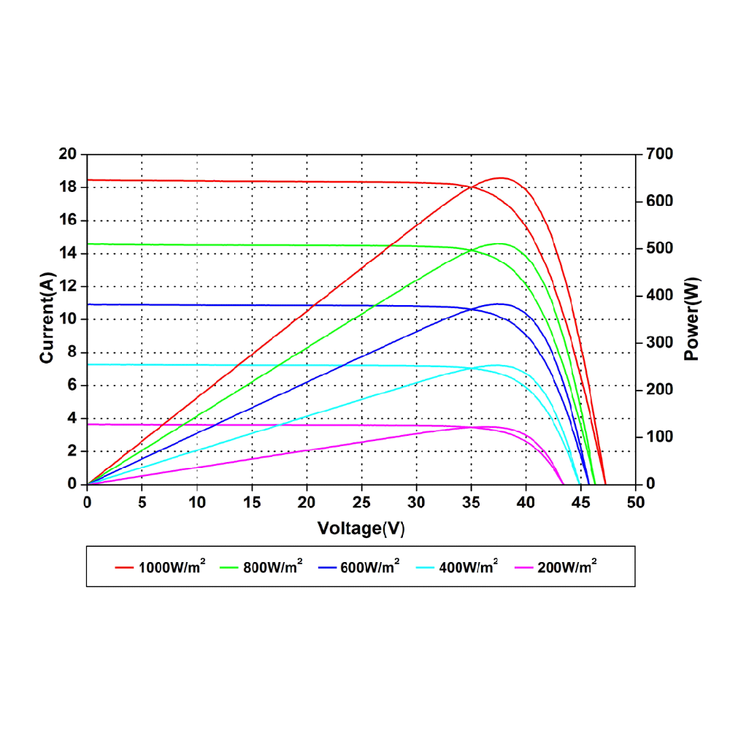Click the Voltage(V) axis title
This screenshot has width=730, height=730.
[361, 529]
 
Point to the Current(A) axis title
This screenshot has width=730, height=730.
[48, 319]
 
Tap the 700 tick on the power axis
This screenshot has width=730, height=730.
[659, 154]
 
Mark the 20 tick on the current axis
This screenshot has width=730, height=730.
[67, 154]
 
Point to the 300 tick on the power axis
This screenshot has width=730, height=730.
[659, 342]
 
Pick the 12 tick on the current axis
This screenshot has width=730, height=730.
[67, 286]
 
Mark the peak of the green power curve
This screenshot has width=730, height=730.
[500, 244]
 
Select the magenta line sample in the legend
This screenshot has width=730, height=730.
[523, 566]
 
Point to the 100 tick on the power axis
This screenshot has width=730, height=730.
[659, 437]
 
